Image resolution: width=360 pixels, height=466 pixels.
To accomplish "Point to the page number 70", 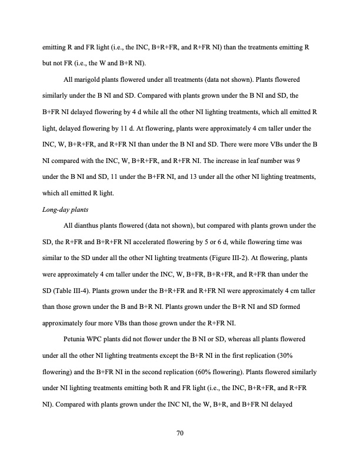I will tap(180, 434).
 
